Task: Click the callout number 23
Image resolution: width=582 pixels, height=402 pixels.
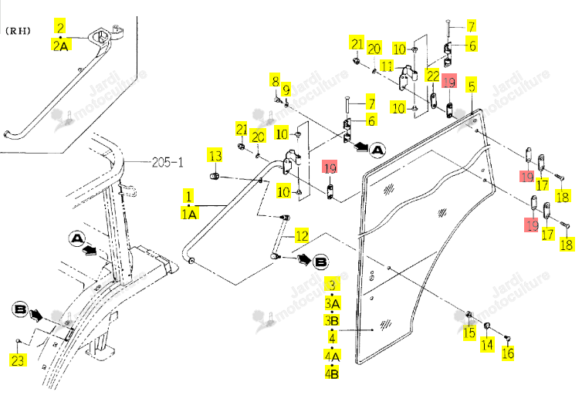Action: (x=18, y=360)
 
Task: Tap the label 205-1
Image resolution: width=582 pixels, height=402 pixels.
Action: (x=167, y=162)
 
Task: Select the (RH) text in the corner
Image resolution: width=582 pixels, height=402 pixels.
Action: (x=18, y=31)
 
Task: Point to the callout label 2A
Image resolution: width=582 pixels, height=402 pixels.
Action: (x=61, y=46)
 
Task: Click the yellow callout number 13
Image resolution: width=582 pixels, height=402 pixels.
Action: (x=215, y=156)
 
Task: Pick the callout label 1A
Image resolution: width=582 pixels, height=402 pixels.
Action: (x=189, y=214)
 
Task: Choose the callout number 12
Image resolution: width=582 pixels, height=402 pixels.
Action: (x=302, y=235)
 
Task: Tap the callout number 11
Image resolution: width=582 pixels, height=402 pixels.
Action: (x=387, y=66)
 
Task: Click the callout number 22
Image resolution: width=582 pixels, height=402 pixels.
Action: (x=433, y=76)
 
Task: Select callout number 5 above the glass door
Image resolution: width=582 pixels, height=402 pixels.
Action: (x=472, y=86)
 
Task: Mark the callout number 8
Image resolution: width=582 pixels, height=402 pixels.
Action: (x=275, y=80)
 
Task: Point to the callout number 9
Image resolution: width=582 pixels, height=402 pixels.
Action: (x=286, y=90)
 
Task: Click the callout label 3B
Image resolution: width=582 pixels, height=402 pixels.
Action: (x=332, y=320)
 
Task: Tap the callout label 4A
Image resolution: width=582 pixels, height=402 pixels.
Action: (x=332, y=356)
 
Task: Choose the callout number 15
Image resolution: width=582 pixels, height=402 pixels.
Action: (x=469, y=333)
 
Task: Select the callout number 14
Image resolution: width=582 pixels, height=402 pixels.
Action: (x=487, y=344)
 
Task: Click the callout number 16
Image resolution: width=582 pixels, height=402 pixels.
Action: (x=508, y=353)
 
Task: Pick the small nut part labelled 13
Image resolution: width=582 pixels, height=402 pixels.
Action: (x=214, y=176)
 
